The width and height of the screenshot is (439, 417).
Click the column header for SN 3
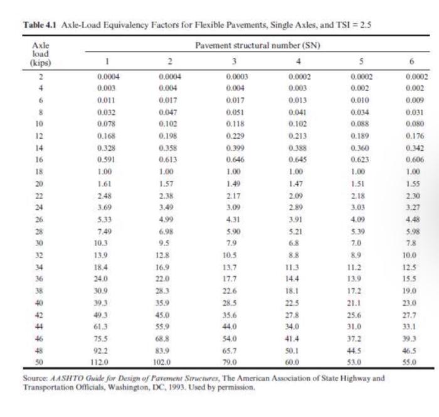tap(233, 62)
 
